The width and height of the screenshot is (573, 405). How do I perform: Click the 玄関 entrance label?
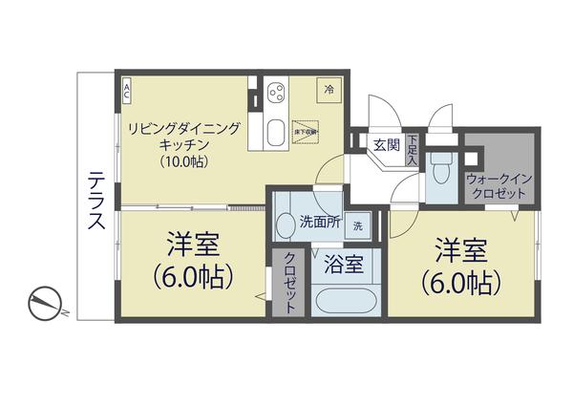point(386,145)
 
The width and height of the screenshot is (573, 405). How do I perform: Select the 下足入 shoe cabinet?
point(413,150)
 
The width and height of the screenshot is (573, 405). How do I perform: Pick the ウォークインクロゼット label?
point(497,185)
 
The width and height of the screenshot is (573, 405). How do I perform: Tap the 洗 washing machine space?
point(357,226)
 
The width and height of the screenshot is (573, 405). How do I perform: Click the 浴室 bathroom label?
point(343,265)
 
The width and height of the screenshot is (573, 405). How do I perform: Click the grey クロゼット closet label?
point(288,282)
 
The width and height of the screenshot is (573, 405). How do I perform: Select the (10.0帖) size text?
point(184,161)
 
